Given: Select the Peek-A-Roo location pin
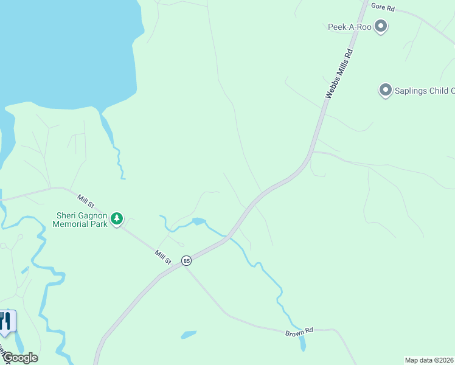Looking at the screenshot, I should (x=381, y=27).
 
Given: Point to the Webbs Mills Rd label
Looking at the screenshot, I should (x=339, y=74).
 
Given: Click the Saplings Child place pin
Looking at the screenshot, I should (x=384, y=91).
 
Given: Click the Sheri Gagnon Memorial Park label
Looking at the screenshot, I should (x=82, y=220).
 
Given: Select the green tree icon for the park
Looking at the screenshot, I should (x=117, y=218).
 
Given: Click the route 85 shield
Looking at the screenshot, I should (x=187, y=260).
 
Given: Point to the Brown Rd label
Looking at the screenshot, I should (x=299, y=332).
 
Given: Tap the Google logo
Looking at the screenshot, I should (x=19, y=358).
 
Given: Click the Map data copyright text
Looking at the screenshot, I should (x=429, y=360).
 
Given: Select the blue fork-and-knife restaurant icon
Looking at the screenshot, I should (x=6, y=321).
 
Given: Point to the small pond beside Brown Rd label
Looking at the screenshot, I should (x=189, y=335).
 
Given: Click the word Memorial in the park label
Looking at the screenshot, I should (x=71, y=224).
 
